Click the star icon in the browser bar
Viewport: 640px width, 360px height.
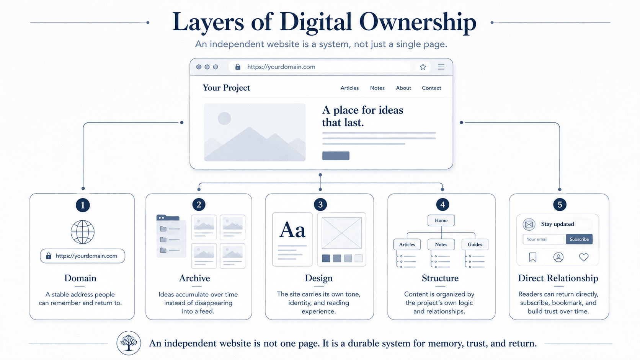pos(423,67)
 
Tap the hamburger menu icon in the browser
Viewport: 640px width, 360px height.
pos(441,67)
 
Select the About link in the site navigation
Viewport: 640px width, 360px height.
pos(403,88)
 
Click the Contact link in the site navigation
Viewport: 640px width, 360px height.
pos(431,88)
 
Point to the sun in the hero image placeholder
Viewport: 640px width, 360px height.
pos(224,118)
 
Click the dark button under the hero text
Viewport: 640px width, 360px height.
pos(336,156)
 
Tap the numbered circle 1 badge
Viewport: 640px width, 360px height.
pos(83,205)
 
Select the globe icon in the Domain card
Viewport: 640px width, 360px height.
pos(83,232)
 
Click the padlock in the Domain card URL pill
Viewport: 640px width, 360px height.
pos(49,256)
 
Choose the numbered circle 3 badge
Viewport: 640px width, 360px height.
pos(320,204)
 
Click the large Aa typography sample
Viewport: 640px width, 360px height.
pos(292,230)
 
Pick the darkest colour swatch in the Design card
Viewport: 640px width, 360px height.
pos(326,258)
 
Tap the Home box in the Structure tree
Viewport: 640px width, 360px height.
pos(441,220)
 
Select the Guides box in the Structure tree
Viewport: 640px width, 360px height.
pos(475,244)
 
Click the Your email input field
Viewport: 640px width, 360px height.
pos(544,239)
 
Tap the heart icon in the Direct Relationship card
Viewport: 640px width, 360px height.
pos(584,257)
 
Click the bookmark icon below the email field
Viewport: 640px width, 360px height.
pos(532,257)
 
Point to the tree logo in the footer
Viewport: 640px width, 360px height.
pos(129,343)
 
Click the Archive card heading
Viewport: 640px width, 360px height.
pos(194,278)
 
